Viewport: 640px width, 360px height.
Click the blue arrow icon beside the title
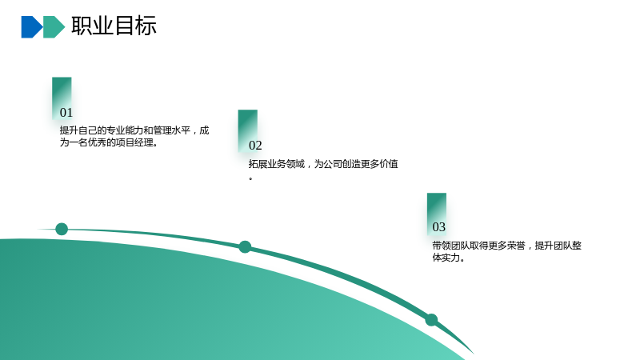pyautogui.click(x=31, y=27)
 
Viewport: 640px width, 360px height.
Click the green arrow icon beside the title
pyautogui.click(x=54, y=27)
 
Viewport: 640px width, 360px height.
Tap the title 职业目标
pyautogui.click(x=114, y=26)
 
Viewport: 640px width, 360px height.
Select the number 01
pyautogui.click(x=66, y=112)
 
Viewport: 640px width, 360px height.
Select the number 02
pyautogui.click(x=255, y=146)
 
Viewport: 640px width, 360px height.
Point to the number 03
pyautogui.click(x=438, y=227)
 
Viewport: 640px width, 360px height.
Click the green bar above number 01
pyautogui.click(x=62, y=98)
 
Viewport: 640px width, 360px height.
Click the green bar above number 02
pyautogui.click(x=248, y=130)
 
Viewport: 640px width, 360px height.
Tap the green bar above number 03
pyautogui.click(x=437, y=214)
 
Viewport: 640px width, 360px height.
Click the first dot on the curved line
pyautogui.click(x=62, y=229)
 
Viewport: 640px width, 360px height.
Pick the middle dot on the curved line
pyautogui.click(x=245, y=247)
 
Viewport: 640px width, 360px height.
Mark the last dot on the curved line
pyautogui.click(x=431, y=319)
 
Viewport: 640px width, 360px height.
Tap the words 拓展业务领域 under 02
pyautogui.click(x=277, y=164)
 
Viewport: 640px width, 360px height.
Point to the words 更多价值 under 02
pyautogui.click(x=379, y=164)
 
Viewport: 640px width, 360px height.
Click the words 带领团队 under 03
pyautogui.click(x=451, y=246)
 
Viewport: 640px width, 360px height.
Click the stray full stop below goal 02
pyautogui.click(x=250, y=178)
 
